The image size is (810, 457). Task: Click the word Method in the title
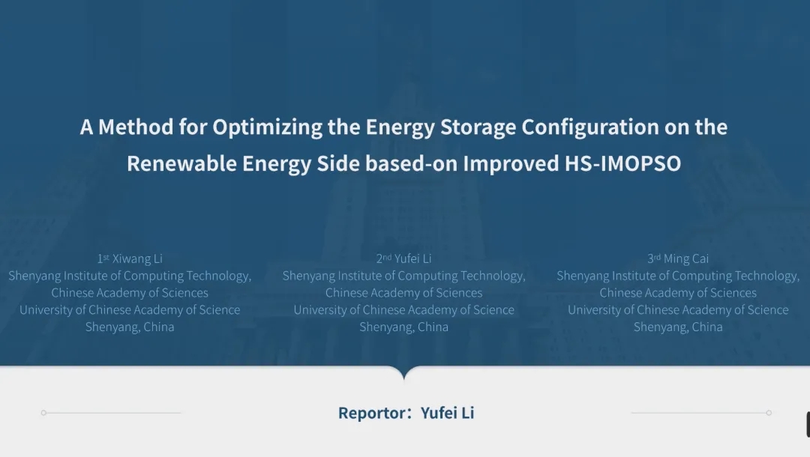136,127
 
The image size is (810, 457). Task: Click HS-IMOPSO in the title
622,163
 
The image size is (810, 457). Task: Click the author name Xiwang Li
137,258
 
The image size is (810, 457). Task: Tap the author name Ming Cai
686,258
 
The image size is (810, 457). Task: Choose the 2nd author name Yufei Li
412,258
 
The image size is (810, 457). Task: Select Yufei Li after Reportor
447,413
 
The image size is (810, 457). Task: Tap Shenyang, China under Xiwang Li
130,327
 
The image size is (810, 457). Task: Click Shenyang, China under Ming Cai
678,327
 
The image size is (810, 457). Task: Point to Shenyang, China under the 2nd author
404,327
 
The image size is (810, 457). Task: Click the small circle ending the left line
44,413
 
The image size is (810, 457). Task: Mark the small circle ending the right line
769,413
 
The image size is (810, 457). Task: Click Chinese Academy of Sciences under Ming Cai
678,293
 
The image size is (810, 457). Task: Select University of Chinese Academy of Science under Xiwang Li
130,310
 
